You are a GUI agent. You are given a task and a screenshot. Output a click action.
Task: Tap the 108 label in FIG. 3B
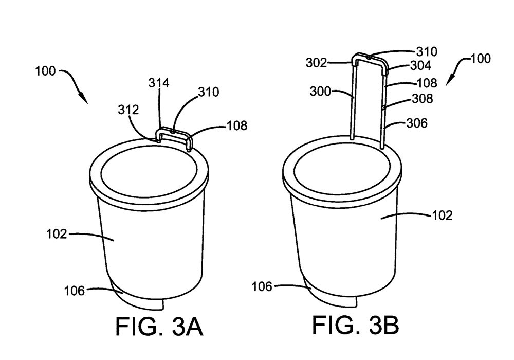click(427, 82)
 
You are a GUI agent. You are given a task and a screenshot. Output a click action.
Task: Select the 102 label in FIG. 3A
click(56, 234)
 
